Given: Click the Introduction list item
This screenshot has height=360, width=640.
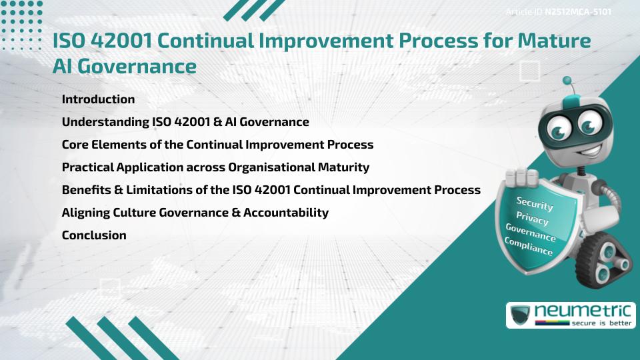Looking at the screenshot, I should coord(98,99).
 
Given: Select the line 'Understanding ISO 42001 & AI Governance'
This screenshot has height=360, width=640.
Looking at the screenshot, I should coord(185,122).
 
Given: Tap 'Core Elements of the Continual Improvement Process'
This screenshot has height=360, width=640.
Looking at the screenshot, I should coord(217,145).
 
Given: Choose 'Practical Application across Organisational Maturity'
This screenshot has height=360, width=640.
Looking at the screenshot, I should coord(215,167).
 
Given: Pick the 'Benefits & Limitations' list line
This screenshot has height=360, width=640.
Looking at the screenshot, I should coord(271,190).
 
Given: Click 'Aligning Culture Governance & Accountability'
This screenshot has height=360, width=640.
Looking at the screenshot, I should coord(195,213).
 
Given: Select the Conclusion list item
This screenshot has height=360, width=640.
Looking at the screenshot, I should coord(94,235).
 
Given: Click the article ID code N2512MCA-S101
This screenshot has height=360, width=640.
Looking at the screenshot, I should coord(578,12).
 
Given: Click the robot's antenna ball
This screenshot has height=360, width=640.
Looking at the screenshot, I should coord(567,81).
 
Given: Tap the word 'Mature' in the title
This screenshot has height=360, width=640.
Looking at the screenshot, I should coord(552,41).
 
